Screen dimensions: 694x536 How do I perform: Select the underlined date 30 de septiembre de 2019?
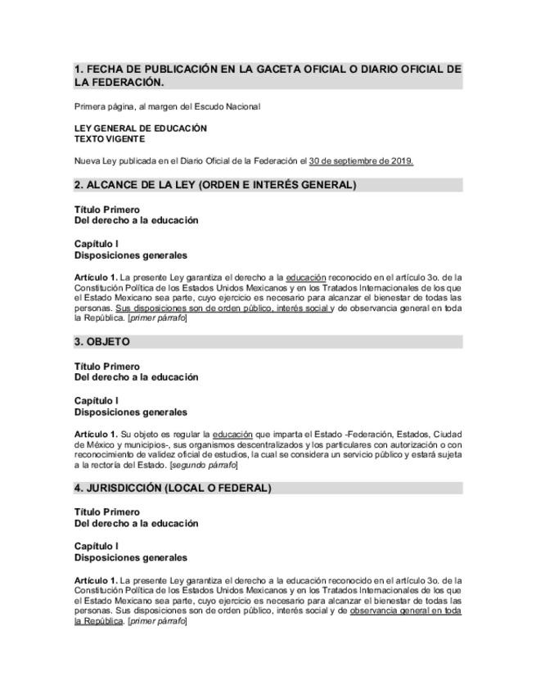(361, 161)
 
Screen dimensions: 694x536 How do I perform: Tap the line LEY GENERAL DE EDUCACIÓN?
(140, 128)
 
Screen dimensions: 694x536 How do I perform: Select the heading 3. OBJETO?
(101, 341)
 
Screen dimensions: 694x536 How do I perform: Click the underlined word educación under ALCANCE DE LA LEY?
(306, 278)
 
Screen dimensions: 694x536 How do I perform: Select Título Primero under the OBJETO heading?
(106, 367)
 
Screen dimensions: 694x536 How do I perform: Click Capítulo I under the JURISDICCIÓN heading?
(96, 546)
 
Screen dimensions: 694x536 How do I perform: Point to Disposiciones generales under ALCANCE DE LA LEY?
(130, 255)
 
